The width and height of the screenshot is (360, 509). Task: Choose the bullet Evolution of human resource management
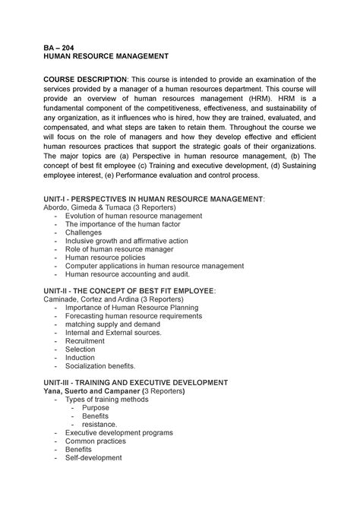133,216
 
